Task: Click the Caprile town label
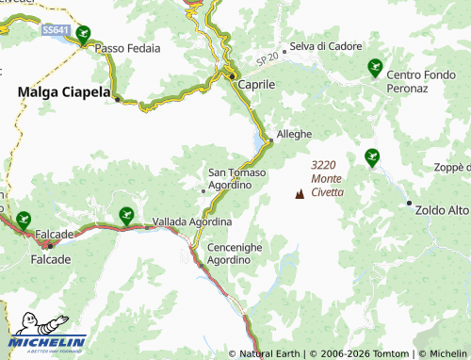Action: [256, 84]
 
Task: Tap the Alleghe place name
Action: [294, 134]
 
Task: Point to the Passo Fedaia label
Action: [128, 47]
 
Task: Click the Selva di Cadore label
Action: [322, 46]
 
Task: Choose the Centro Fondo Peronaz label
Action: [419, 80]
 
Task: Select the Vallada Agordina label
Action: [192, 221]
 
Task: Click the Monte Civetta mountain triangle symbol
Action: [300, 193]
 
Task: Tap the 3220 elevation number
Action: [323, 165]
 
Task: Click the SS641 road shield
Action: [56, 30]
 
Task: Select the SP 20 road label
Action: [268, 59]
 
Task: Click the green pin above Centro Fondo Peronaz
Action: [374, 67]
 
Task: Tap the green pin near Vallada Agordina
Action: [125, 217]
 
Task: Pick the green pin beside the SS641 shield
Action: [83, 35]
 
